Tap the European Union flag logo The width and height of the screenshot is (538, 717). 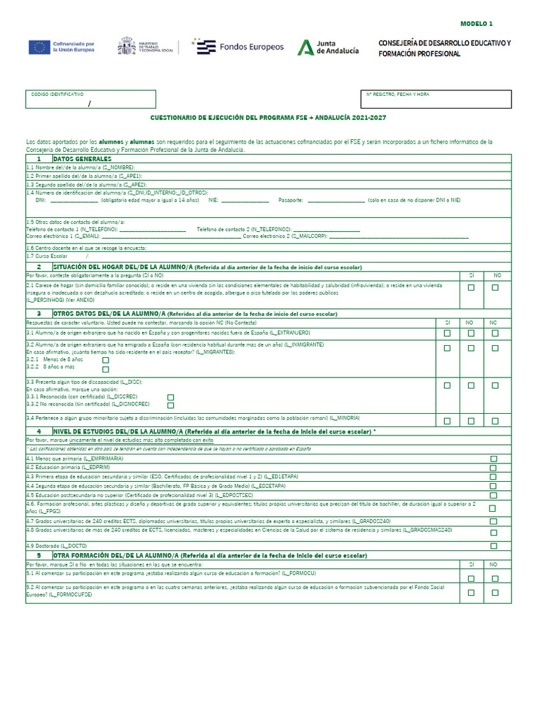pos(39,47)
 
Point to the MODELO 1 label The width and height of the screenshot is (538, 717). pos(476,23)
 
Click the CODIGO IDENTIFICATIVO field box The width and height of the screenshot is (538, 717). pos(90,99)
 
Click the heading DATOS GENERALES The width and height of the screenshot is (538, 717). pos(83,159)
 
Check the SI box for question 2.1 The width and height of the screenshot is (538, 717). pos(471,288)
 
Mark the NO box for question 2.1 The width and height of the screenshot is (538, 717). pos(495,288)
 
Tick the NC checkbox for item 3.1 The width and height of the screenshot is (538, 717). pos(495,333)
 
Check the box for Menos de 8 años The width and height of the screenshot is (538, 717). pos(106,360)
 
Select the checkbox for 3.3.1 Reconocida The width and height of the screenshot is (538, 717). pos(170,397)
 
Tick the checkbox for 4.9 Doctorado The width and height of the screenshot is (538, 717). pos(494,545)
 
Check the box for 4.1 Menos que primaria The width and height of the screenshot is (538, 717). pos(494,459)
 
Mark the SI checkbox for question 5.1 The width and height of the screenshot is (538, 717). pos(471,578)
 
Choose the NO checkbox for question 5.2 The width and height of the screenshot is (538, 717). pos(495,592)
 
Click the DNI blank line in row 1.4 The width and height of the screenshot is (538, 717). pos(74,200)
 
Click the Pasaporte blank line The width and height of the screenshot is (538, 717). pos(336,200)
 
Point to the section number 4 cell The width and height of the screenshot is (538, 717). pos(39,431)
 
